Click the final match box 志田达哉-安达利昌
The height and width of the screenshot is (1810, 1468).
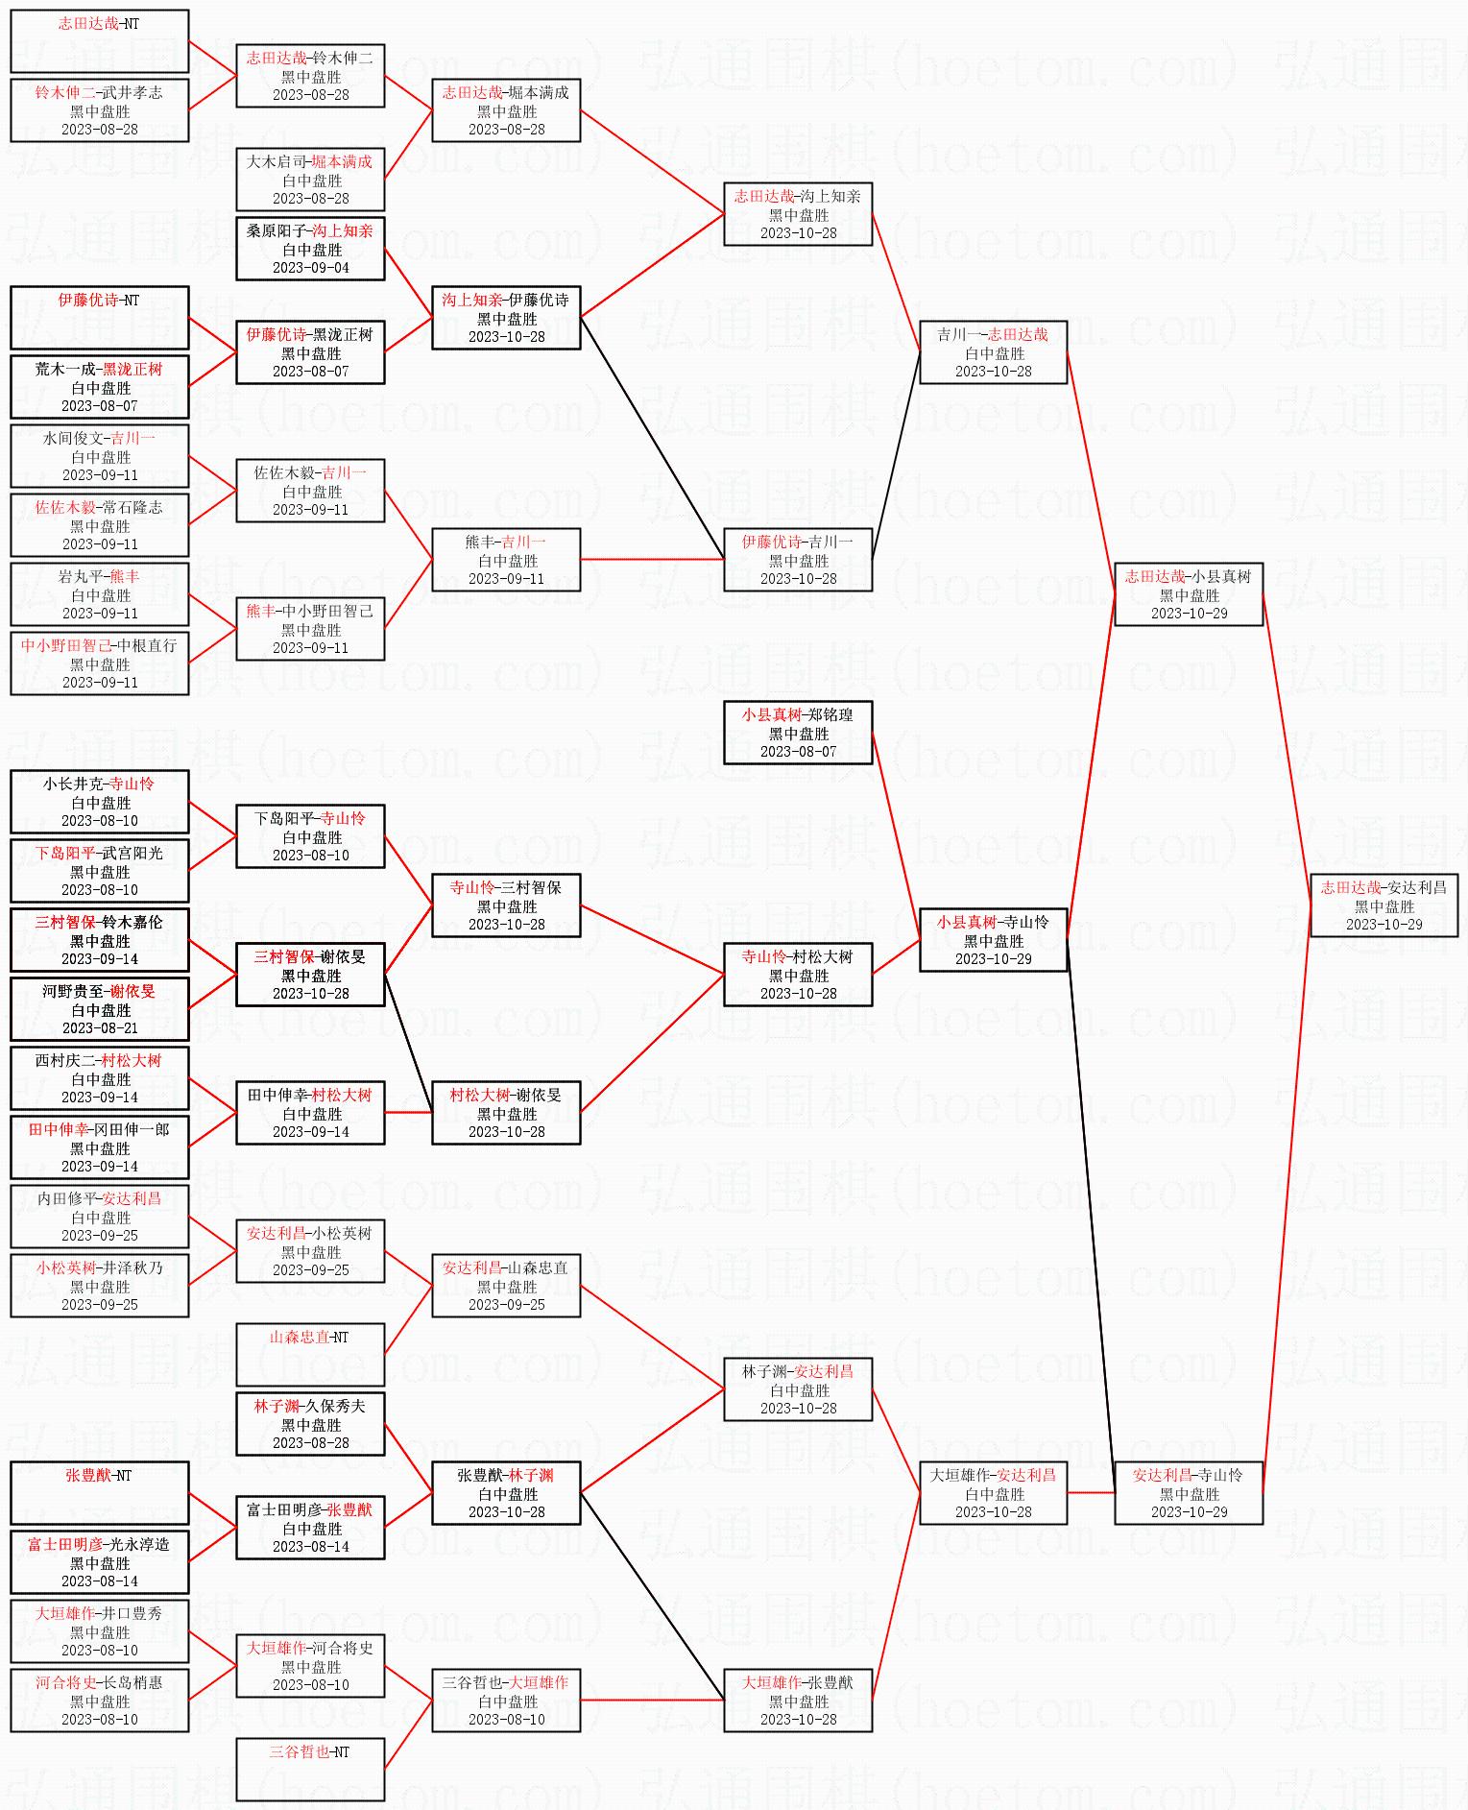(x=1384, y=905)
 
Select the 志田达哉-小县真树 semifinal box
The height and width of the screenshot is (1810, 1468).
(x=1188, y=594)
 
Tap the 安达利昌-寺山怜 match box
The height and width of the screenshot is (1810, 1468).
(x=1188, y=1493)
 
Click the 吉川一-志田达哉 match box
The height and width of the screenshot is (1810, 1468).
(x=993, y=352)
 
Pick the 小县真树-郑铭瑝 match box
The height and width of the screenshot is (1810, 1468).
(x=797, y=733)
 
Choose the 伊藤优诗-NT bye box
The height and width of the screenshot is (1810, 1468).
(x=99, y=318)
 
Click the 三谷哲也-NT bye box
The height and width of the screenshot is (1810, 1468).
(x=310, y=1770)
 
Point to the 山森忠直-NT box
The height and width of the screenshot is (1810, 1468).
(x=310, y=1355)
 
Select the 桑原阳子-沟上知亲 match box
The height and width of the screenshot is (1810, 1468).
(x=310, y=249)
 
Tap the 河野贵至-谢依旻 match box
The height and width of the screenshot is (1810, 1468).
(x=99, y=1009)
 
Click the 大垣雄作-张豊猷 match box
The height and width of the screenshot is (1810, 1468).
(x=797, y=1701)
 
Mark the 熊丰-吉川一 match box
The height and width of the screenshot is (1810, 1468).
(x=506, y=560)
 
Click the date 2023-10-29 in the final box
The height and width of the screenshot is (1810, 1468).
(x=1384, y=925)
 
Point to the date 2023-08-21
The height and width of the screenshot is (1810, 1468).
(x=99, y=1028)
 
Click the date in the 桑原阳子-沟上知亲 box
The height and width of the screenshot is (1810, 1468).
(x=310, y=268)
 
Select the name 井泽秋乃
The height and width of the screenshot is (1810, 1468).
(x=133, y=1268)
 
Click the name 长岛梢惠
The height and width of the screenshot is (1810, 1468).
(x=133, y=1683)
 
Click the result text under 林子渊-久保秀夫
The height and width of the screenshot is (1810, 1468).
(x=310, y=1425)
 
